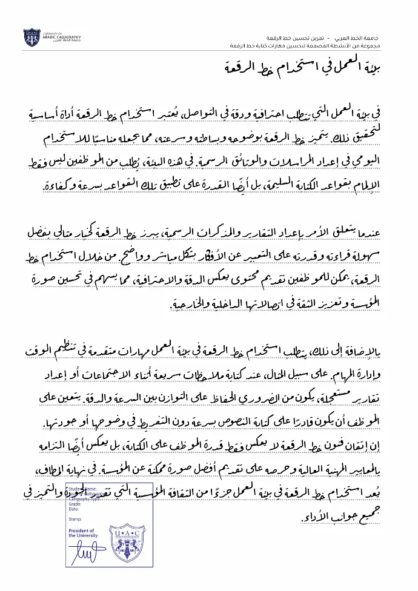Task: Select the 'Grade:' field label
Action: [x=75, y=503]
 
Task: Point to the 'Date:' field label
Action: [x=75, y=509]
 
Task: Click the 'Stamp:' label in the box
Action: [x=75, y=519]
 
